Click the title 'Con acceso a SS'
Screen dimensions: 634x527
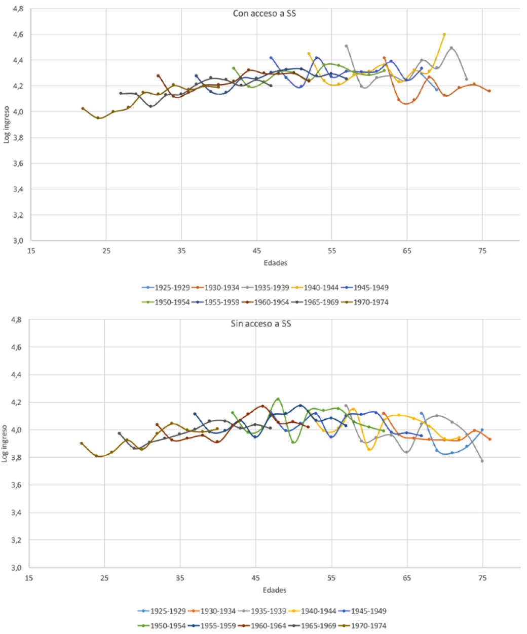tap(264, 14)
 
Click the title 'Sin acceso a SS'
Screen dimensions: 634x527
tap(260, 324)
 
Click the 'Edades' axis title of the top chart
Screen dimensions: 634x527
tap(275, 263)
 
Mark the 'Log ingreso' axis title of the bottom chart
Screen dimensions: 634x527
tap(6, 444)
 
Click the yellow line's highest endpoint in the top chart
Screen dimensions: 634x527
tap(444, 34)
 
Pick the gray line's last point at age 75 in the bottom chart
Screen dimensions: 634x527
tap(482, 461)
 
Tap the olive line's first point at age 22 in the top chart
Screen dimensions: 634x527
tap(83, 108)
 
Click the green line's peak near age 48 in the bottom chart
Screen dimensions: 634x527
tap(278, 399)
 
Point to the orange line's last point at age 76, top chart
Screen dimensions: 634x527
tap(490, 91)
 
